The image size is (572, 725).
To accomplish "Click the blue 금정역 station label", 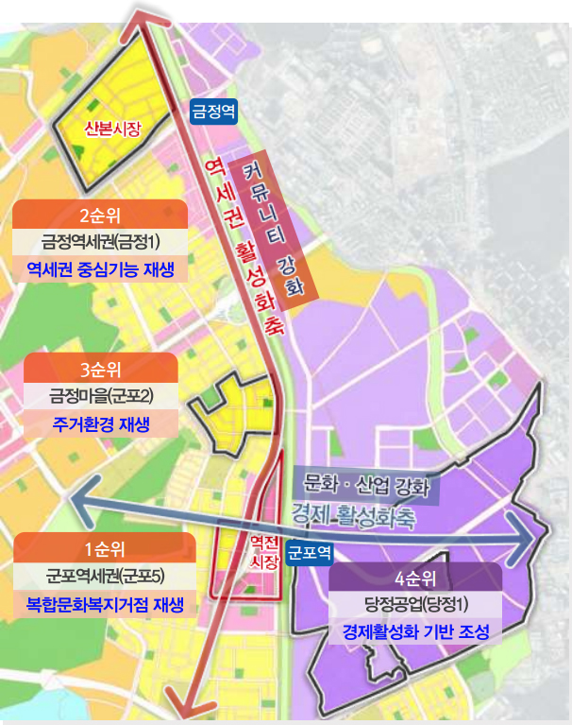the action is tap(213, 111).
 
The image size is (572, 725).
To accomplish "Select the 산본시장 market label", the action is tap(112, 129).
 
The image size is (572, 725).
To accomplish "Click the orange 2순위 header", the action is tap(99, 214).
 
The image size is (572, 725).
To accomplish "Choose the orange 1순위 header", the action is tap(105, 549).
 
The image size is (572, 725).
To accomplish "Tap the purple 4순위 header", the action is tap(415, 577).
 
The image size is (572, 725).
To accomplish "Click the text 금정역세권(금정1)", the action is tap(100, 241).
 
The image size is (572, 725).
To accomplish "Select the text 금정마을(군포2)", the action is tap(100, 394).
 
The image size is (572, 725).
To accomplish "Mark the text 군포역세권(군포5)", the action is tap(105, 576).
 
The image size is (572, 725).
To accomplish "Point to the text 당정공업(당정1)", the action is tap(416, 604).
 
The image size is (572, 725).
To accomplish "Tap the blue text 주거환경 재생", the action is tap(100, 423).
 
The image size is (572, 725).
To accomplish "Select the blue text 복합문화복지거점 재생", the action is tap(105, 604).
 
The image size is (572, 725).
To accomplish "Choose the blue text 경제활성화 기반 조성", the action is tap(416, 632).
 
